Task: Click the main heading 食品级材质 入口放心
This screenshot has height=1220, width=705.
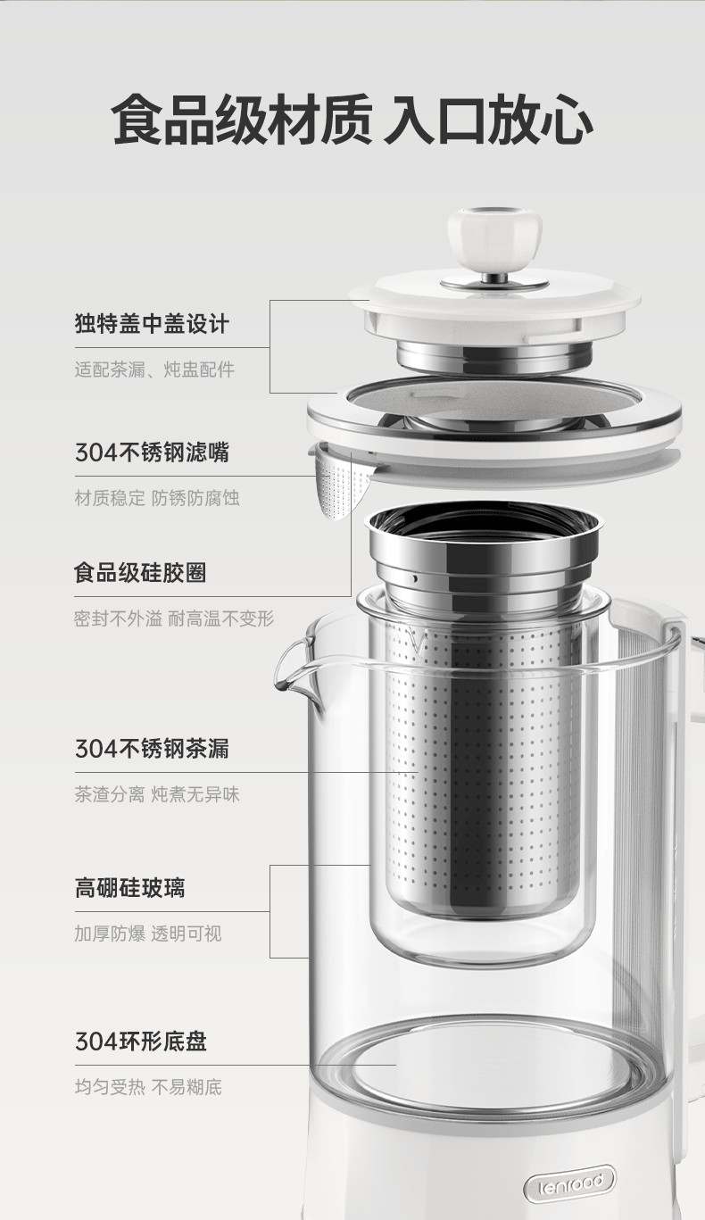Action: click(x=352, y=120)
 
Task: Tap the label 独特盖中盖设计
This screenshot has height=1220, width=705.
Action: click(x=152, y=323)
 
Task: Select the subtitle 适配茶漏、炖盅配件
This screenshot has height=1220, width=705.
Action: click(x=154, y=369)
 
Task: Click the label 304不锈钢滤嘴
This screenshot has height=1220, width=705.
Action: click(x=152, y=452)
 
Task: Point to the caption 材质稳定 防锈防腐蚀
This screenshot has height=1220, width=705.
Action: click(x=157, y=498)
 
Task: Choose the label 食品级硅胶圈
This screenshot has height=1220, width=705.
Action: click(x=140, y=573)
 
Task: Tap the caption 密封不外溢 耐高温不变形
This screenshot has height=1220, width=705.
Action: click(x=174, y=619)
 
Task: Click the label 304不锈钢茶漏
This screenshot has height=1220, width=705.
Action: click(x=152, y=749)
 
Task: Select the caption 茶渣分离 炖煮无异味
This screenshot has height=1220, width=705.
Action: click(x=157, y=794)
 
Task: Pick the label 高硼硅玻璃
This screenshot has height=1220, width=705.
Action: click(x=129, y=888)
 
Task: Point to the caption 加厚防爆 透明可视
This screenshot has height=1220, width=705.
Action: click(x=148, y=934)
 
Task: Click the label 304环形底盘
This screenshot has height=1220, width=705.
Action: click(x=140, y=1042)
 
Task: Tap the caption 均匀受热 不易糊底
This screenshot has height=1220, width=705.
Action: click(x=148, y=1088)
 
